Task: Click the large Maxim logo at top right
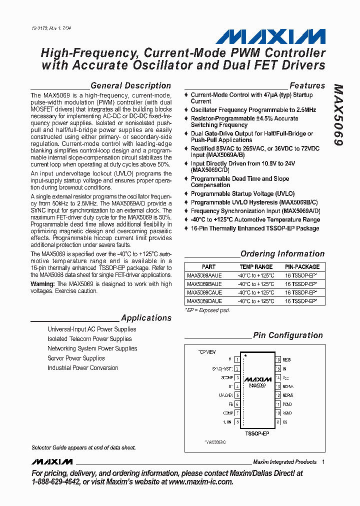tap(270, 36)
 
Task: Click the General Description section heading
tap(130, 85)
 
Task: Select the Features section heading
tap(307, 85)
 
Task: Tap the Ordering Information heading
tap(282, 254)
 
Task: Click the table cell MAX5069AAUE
tap(204, 275)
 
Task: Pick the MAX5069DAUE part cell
tap(204, 301)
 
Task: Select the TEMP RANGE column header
tap(256, 267)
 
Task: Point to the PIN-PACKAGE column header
tap(301, 267)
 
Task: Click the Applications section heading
tap(146, 318)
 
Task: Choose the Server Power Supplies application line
tap(76, 358)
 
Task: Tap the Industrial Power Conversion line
tap(83, 368)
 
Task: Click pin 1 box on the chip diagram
tap(236, 359)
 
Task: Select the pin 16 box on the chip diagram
tap(277, 359)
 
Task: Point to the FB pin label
tap(230, 404)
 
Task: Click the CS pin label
tap(284, 422)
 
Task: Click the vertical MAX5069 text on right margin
tap(338, 114)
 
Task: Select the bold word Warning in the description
tap(42, 284)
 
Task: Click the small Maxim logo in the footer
tap(52, 461)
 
